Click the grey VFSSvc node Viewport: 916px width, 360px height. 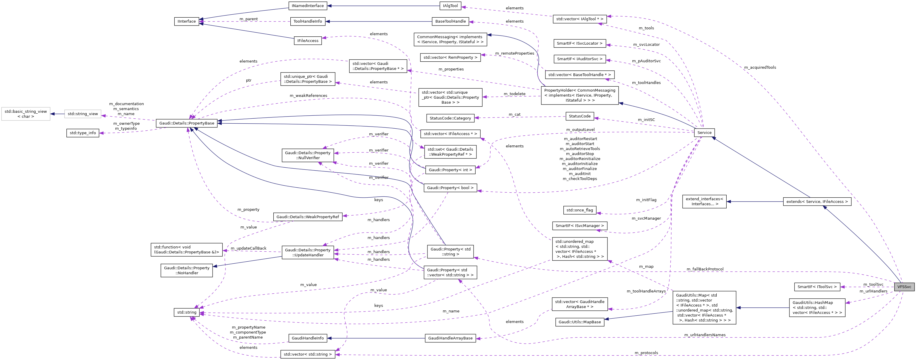click(904, 287)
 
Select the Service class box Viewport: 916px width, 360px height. click(704, 133)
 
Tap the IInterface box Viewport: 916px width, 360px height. click(187, 21)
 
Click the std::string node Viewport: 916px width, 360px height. click(187, 312)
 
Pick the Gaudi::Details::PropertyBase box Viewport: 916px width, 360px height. click(187, 123)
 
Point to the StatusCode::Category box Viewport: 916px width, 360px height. click(450, 118)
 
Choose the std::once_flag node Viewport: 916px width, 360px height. click(580, 210)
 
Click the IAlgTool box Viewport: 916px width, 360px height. click(450, 6)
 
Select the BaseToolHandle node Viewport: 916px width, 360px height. click(450, 21)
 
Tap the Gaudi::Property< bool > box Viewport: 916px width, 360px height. click(450, 188)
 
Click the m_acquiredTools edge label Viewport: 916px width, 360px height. click(760, 68)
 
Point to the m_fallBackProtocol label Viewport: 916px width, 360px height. click(705, 269)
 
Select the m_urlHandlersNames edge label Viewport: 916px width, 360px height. click(705, 335)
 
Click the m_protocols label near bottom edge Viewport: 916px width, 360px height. click(646, 353)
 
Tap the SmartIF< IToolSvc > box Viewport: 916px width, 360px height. click(817, 287)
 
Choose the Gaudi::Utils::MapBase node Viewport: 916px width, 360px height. click(580, 322)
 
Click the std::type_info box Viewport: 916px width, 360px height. click(82, 133)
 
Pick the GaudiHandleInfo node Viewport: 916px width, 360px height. click(308, 338)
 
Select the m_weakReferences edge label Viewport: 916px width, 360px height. click(308, 96)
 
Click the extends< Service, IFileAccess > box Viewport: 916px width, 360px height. click(817, 202)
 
